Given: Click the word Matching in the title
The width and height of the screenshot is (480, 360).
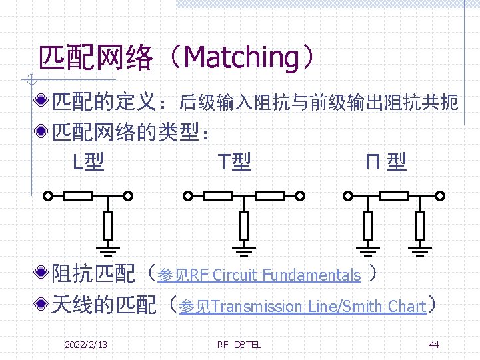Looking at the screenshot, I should pos(241,58).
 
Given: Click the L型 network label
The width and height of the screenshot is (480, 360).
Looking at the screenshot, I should pos(87,161).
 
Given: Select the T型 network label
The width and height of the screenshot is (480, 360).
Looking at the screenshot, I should pos(235,161).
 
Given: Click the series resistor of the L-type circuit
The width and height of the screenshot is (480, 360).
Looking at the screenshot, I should pos(78,196).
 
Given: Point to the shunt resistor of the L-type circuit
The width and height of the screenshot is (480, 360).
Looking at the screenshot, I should pos(108,225).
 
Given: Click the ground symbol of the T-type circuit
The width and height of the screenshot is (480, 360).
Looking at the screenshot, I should pos(244,251).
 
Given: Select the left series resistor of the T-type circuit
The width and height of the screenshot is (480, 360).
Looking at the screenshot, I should pos(217,196).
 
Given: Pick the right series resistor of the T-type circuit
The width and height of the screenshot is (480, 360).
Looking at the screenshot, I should pos(270,196).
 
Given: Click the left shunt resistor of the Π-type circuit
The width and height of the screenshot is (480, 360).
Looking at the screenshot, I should pos(367,225).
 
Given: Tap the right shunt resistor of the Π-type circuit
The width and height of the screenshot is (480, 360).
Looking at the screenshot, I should pos(419,225).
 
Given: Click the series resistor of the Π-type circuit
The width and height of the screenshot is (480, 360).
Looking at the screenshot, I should pos(393,196).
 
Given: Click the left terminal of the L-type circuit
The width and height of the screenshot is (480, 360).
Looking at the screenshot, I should pos(47,197).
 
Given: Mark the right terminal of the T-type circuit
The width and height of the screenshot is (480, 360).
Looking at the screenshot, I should pos(301,197).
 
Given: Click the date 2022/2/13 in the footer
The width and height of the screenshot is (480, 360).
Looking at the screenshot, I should pos(86,345).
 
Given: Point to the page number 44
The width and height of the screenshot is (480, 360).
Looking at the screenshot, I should pos(434,345).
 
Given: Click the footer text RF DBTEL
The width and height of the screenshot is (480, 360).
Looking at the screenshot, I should pos(239,345).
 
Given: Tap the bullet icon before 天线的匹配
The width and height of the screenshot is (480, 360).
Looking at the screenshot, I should pos(42,306).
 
